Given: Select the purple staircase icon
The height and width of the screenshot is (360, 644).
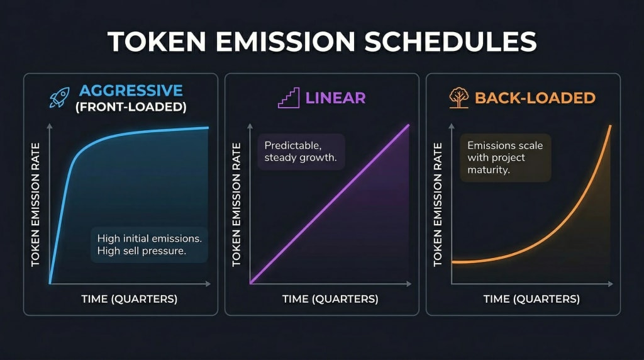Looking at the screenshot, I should [289, 98].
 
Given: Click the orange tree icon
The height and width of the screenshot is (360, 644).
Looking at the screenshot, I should [458, 98].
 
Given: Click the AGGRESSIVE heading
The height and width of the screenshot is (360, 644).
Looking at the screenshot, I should [131, 91].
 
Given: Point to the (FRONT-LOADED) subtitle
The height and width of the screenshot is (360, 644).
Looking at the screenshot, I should [131, 107].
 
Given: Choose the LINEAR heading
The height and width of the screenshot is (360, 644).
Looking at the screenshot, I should [335, 98].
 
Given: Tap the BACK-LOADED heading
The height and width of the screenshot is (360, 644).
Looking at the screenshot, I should [535, 98].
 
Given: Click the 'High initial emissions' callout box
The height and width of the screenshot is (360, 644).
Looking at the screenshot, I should [149, 245].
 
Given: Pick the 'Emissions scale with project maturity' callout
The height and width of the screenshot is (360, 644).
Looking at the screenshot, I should [505, 158].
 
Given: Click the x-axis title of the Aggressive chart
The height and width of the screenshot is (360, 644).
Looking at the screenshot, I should [129, 299].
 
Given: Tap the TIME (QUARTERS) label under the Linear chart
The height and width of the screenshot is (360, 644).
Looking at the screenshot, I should [330, 299].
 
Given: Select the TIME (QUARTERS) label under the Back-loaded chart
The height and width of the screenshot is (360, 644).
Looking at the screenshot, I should [531, 299].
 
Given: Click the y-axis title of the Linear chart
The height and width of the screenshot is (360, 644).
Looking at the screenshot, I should [237, 204].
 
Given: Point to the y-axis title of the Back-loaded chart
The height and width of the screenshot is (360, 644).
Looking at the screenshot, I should [438, 204].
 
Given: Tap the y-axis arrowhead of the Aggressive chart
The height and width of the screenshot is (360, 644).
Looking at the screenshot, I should [50, 126].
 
